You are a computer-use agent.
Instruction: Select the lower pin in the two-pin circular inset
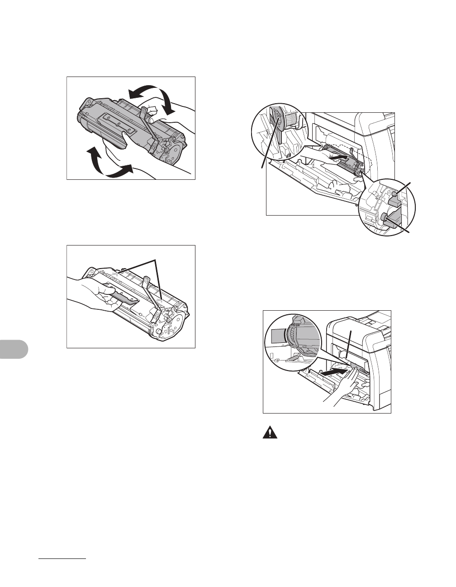385,217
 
